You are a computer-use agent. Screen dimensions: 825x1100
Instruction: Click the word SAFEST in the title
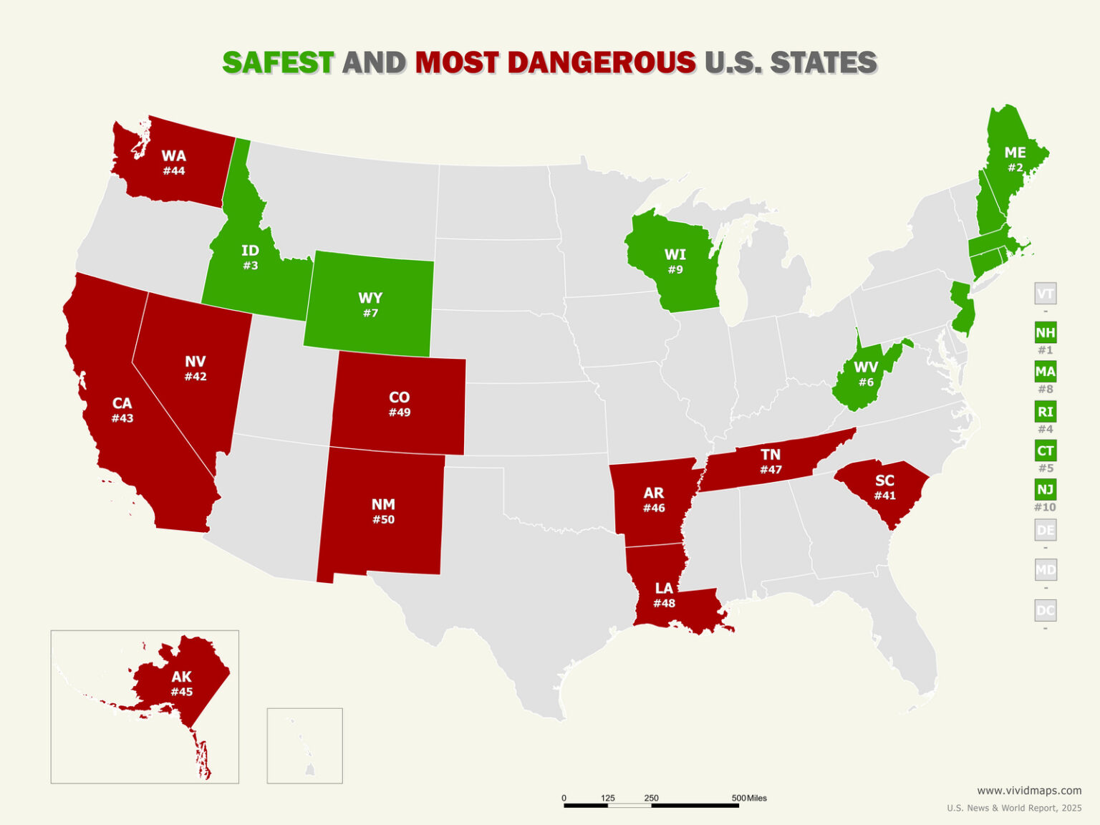(278, 63)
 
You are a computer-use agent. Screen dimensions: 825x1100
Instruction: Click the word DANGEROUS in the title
(602, 63)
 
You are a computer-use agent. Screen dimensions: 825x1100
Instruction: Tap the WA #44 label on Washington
(173, 163)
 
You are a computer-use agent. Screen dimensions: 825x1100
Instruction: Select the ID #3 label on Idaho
(250, 257)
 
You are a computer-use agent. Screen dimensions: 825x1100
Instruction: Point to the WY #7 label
(370, 304)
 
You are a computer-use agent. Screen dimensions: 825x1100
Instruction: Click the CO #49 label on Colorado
(399, 404)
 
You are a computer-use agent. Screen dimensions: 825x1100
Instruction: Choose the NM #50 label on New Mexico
(383, 511)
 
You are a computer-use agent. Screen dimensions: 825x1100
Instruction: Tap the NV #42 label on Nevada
(195, 368)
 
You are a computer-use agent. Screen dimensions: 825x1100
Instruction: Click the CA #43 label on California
(122, 410)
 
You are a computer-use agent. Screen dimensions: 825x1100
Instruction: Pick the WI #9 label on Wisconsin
(675, 261)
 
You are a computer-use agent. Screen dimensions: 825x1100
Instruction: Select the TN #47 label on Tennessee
(771, 461)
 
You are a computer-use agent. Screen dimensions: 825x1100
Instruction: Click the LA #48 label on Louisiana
(664, 595)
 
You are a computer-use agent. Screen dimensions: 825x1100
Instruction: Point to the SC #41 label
(884, 488)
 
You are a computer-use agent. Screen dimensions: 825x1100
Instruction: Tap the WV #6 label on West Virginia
(866, 375)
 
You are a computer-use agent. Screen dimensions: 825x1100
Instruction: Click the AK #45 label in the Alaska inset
(181, 683)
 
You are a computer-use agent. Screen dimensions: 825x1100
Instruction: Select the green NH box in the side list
(1045, 333)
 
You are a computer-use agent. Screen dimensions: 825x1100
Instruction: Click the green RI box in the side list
(1045, 412)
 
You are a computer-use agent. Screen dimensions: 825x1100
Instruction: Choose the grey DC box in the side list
(1045, 611)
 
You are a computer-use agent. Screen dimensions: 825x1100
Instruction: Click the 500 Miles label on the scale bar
(749, 798)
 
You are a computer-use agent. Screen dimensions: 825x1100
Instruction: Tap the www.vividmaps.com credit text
(1029, 791)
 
